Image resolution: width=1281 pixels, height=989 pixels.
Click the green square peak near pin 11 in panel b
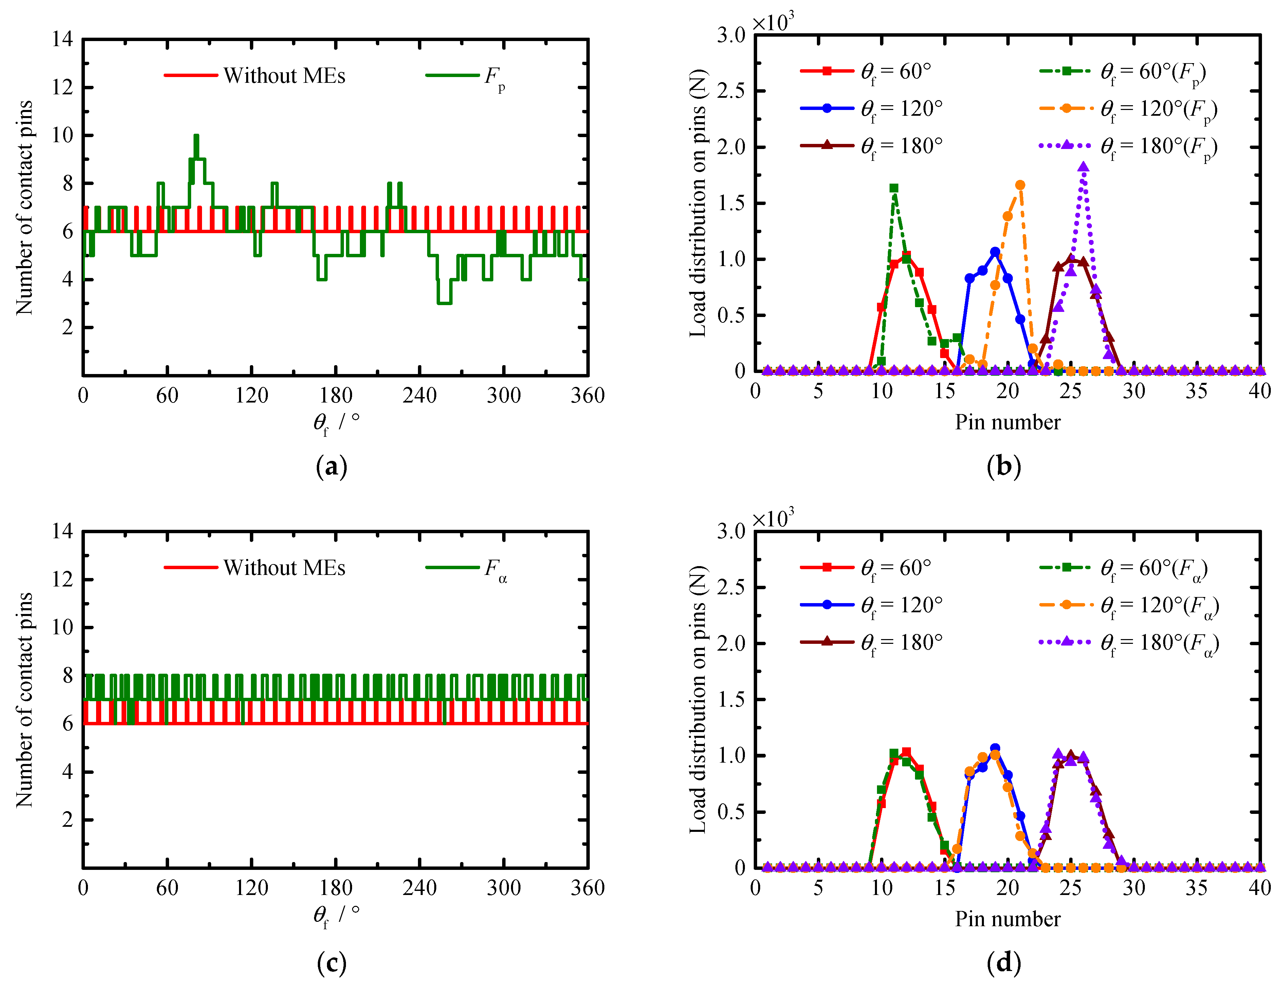click(894, 188)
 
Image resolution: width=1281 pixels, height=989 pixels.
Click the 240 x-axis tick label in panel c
click(419, 888)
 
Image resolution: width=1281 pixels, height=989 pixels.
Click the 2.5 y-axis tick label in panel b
click(731, 91)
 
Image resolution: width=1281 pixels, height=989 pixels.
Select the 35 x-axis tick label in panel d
click(1196, 888)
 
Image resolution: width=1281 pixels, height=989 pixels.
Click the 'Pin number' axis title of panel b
click(1007, 422)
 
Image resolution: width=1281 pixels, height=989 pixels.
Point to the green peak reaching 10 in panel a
click(196, 136)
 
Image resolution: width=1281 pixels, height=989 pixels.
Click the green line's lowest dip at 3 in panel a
click(444, 302)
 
